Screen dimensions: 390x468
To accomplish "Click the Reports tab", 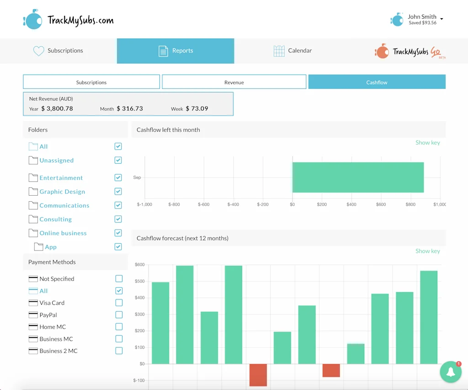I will [175, 51].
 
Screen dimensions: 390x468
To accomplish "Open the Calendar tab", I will [292, 51].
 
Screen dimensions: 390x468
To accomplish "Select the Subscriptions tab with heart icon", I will [58, 51].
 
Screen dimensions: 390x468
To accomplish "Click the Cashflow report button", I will [377, 82].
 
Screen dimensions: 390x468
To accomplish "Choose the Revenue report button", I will [234, 82].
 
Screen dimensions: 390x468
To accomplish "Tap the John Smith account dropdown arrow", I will [441, 19].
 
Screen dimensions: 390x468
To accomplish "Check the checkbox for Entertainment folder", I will [118, 177].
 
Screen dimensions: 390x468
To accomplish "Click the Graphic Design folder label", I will [62, 192].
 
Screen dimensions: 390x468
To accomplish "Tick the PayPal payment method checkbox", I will [119, 315].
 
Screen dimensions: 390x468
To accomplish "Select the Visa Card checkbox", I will [119, 303].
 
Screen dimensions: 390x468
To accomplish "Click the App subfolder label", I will [51, 247].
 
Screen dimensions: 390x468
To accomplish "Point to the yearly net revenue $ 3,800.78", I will [57, 109].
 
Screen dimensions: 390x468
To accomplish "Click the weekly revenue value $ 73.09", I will [197, 109].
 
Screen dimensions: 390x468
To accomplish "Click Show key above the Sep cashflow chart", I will [427, 143].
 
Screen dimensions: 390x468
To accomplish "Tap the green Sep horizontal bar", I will [358, 177].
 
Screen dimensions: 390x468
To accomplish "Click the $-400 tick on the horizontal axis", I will [233, 204].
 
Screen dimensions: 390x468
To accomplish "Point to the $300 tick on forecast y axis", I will [139, 315].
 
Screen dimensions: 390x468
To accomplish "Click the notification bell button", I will [451, 372].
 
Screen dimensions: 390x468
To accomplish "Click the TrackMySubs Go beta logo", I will [409, 52].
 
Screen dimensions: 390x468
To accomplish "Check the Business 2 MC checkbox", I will [119, 351].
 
